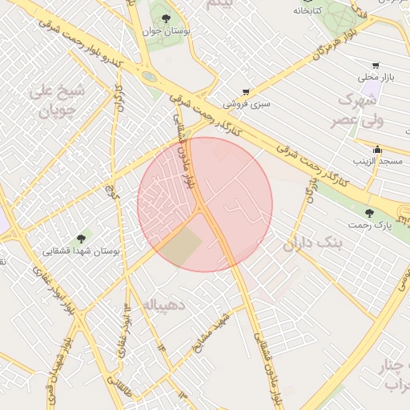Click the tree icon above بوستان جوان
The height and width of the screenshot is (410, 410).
(166, 18)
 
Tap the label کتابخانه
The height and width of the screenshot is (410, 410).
(309, 10)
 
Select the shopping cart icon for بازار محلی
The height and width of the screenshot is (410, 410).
(376, 65)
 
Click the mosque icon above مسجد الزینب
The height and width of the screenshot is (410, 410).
(377, 150)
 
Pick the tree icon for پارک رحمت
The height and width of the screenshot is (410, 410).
(369, 213)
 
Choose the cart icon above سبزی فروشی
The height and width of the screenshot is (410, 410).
(246, 92)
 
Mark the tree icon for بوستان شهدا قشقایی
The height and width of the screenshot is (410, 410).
(80, 238)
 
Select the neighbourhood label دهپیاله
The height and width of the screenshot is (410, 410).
(164, 304)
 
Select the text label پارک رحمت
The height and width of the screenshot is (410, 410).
(369, 226)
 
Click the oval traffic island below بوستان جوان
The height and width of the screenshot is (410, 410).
(149, 77)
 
